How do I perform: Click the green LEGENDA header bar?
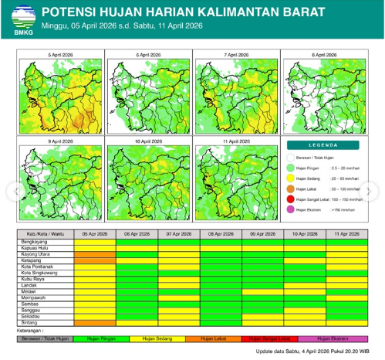click(x=323, y=144)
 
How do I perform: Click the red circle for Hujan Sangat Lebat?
click(x=291, y=198)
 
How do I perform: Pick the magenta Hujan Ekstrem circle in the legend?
click(x=291, y=209)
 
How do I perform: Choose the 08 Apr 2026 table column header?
click(x=221, y=233)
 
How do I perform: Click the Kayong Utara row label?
click(x=35, y=253)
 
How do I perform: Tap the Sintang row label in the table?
click(x=29, y=322)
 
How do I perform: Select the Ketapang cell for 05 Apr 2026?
click(x=95, y=260)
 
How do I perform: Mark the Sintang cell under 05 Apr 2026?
click(x=95, y=322)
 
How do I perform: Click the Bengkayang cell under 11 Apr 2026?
click(x=346, y=241)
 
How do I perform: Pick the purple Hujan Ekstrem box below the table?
click(x=335, y=338)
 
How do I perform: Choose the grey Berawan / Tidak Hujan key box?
click(x=46, y=338)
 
